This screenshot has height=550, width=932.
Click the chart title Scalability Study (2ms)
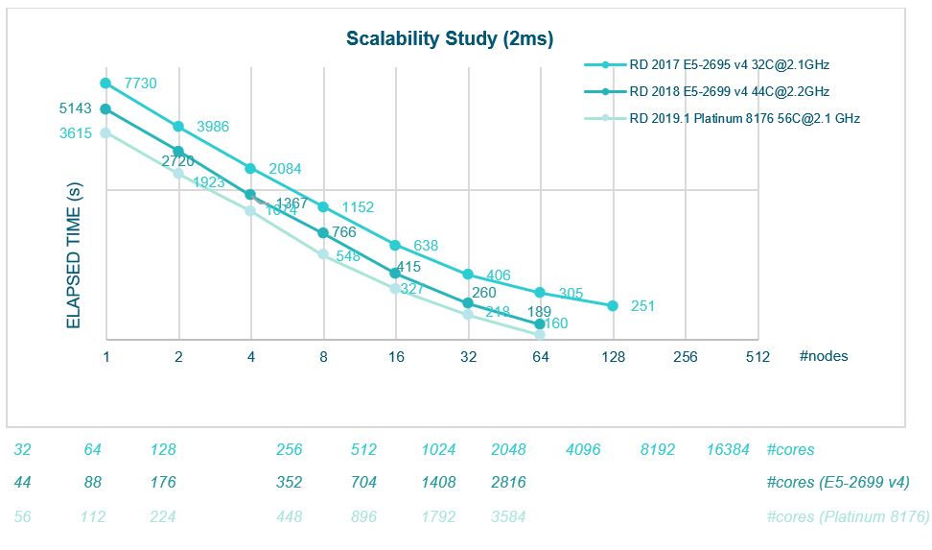pos(449,39)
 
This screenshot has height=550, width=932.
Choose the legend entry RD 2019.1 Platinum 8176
pos(744,118)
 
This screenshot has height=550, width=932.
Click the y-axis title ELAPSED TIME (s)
pos(73,256)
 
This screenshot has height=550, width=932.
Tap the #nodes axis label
pos(823,356)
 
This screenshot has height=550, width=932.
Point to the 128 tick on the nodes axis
pos(613,356)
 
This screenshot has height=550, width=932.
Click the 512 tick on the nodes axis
pos(757,356)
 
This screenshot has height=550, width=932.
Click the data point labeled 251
pos(613,306)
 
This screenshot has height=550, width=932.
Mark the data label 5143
pos(75,108)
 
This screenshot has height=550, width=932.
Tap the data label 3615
pos(75,134)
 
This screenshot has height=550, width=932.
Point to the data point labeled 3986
pos(178,127)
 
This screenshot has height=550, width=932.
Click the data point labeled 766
pos(323,232)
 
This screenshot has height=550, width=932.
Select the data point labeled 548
pos(323,254)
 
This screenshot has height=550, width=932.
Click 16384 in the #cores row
pos(728,450)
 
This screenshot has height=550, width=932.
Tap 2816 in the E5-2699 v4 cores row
pos(507,483)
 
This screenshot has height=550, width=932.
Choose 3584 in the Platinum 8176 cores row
pos(507,517)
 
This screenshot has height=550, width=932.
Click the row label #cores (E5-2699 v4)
pos(838,483)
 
